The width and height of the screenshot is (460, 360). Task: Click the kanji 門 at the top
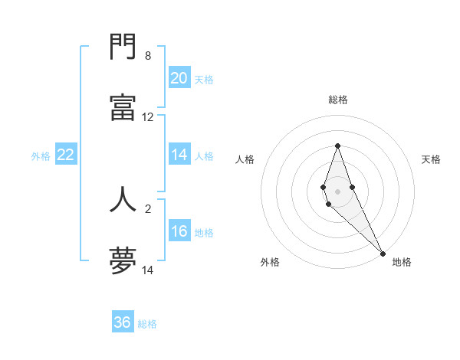(123, 49)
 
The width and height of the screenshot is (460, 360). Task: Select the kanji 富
(123, 107)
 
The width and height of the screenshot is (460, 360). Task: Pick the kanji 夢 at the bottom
(123, 260)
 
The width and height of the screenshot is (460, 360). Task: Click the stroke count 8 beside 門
(148, 56)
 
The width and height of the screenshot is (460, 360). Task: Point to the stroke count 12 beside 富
(148, 117)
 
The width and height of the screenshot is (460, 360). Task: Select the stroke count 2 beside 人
(148, 208)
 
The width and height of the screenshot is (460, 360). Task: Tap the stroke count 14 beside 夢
(148, 270)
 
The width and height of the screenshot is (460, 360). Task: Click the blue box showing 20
(179, 78)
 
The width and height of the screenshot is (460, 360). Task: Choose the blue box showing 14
(179, 155)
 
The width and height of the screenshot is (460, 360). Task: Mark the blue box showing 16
(179, 231)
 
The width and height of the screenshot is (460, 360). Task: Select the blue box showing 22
(66, 155)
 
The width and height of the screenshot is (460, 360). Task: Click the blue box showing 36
(123, 322)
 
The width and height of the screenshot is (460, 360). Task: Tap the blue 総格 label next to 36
(147, 324)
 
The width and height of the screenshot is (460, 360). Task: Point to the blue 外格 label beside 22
(41, 156)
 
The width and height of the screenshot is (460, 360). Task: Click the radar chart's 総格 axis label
(337, 100)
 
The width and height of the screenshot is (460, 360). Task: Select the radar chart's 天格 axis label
(431, 159)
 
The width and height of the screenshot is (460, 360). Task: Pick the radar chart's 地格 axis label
(402, 262)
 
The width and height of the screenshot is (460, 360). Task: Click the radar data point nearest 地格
(383, 253)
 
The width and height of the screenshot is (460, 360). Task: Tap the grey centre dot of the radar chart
(337, 191)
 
